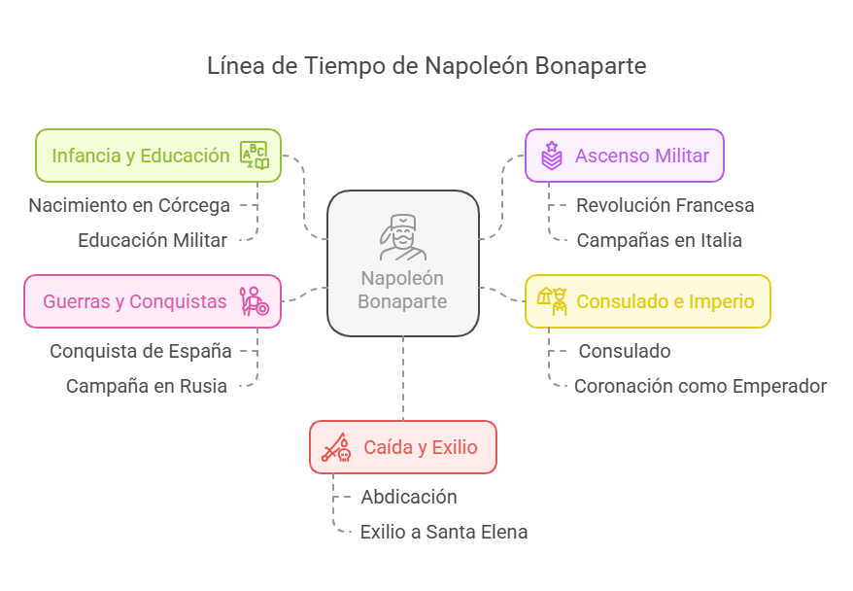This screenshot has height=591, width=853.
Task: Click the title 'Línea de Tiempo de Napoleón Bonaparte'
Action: pyautogui.click(x=426, y=66)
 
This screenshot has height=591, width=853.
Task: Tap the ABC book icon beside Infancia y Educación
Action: pyautogui.click(x=256, y=156)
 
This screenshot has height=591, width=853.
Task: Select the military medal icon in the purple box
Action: pyautogui.click(x=551, y=156)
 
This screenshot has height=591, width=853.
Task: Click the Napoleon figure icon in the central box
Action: pyautogui.click(x=402, y=237)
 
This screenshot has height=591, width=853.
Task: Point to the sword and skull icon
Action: pyautogui.click(x=336, y=447)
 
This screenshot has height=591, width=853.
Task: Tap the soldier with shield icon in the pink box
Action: pyautogui.click(x=255, y=301)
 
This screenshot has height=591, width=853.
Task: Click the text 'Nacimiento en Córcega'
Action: pyautogui.click(x=129, y=205)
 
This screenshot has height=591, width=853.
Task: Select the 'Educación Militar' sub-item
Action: pyautogui.click(x=153, y=240)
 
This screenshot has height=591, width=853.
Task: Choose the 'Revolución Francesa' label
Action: pyautogui.click(x=665, y=205)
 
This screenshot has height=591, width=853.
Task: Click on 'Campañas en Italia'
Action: pyautogui.click(x=659, y=240)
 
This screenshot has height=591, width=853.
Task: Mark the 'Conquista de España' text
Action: pyautogui.click(x=141, y=351)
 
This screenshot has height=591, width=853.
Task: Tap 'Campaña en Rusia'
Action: pyautogui.click(x=147, y=386)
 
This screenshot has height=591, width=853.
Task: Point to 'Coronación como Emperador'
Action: pyautogui.click(x=700, y=386)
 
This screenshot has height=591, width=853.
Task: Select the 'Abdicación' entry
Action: pyautogui.click(x=409, y=497)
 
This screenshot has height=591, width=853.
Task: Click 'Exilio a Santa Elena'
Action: pyautogui.click(x=443, y=532)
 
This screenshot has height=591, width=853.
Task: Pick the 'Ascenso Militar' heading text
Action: pyautogui.click(x=642, y=156)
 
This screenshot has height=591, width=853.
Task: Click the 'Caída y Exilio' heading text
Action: pyautogui.click(x=421, y=447)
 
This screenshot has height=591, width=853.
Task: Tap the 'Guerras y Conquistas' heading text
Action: pyautogui.click(x=134, y=301)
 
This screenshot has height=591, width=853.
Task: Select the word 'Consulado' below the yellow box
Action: pyautogui.click(x=625, y=351)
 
